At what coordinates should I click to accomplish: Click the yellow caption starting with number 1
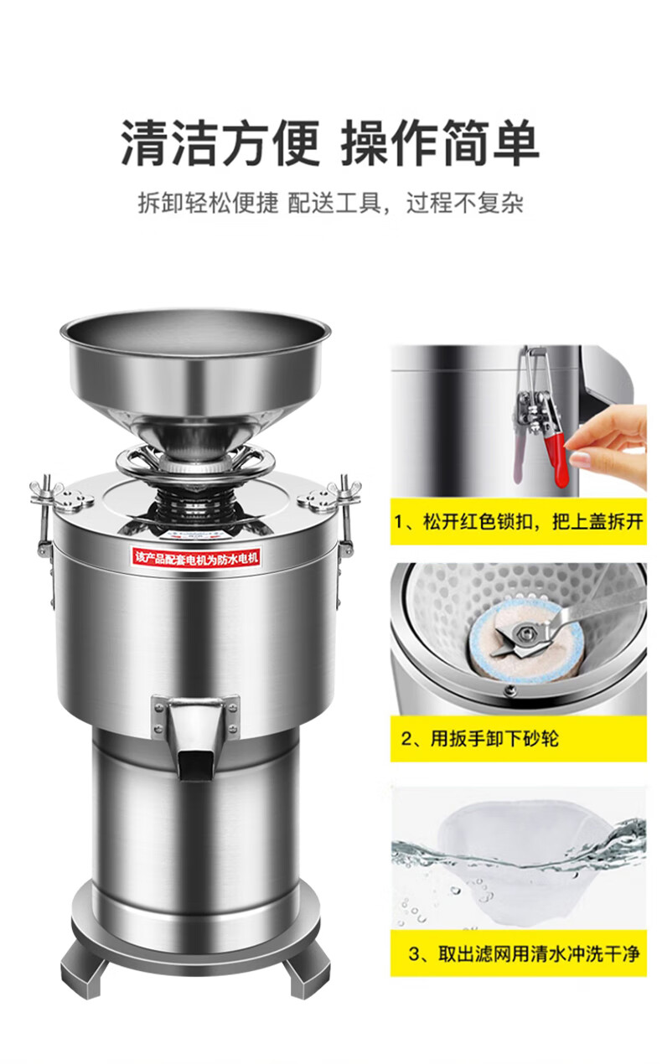click(519, 522)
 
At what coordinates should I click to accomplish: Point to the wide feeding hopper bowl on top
click(195, 361)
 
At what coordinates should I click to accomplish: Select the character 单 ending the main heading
click(515, 142)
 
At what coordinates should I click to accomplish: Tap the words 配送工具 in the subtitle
click(335, 203)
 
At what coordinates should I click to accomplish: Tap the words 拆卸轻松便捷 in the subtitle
click(208, 203)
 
